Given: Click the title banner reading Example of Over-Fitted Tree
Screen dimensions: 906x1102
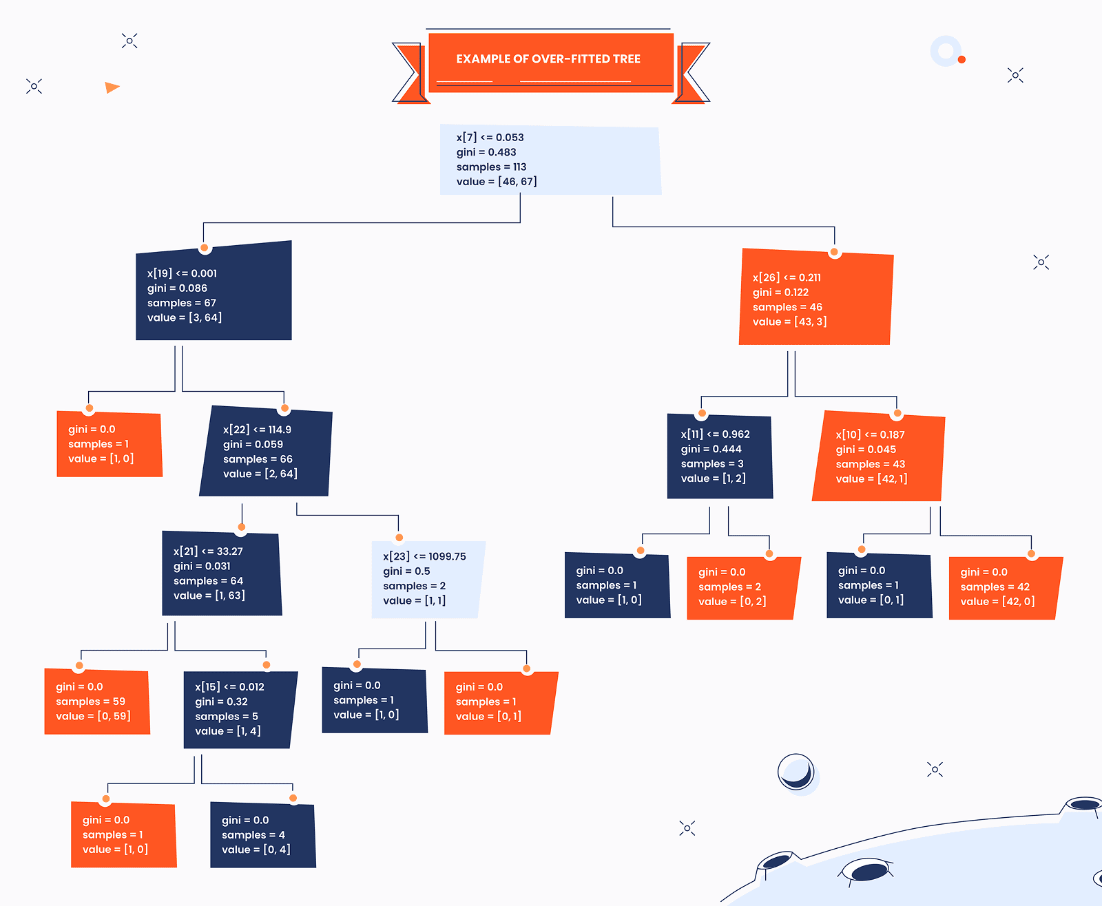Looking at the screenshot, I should (549, 60).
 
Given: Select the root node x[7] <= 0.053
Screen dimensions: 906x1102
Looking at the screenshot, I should (550, 160).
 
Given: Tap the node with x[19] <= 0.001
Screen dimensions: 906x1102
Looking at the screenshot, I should (214, 293).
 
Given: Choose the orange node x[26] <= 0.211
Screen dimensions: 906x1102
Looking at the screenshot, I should (815, 298).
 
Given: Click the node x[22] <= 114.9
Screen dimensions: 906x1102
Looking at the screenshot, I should (266, 452).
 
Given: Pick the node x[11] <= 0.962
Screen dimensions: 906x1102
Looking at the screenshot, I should (720, 456).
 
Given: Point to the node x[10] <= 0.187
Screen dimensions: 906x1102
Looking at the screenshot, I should (878, 456).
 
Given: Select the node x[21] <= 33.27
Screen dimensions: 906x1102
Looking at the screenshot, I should (222, 573).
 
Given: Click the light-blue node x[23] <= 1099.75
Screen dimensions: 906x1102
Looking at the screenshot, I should (427, 579).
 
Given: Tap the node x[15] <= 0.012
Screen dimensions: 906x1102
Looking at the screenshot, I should (239, 709).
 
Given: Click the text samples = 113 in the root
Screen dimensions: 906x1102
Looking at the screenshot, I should (491, 167).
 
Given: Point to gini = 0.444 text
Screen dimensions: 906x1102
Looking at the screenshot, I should (711, 449).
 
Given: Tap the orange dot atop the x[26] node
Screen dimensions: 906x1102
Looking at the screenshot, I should (834, 252).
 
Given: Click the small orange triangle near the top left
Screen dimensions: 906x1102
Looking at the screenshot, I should (112, 87).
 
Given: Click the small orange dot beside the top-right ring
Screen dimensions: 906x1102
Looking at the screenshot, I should (961, 60).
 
